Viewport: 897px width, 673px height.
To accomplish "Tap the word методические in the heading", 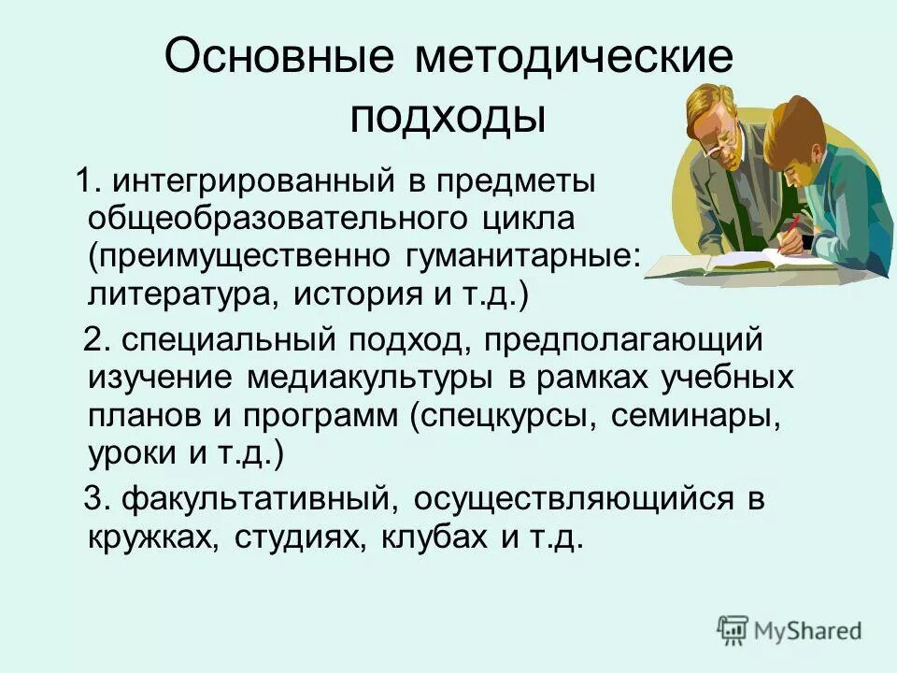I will pos(574,58).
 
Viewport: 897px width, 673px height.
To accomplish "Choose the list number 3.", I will pos(94,499).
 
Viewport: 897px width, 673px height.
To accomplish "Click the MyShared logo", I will pos(790,630).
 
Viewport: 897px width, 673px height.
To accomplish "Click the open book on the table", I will pos(729,257).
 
